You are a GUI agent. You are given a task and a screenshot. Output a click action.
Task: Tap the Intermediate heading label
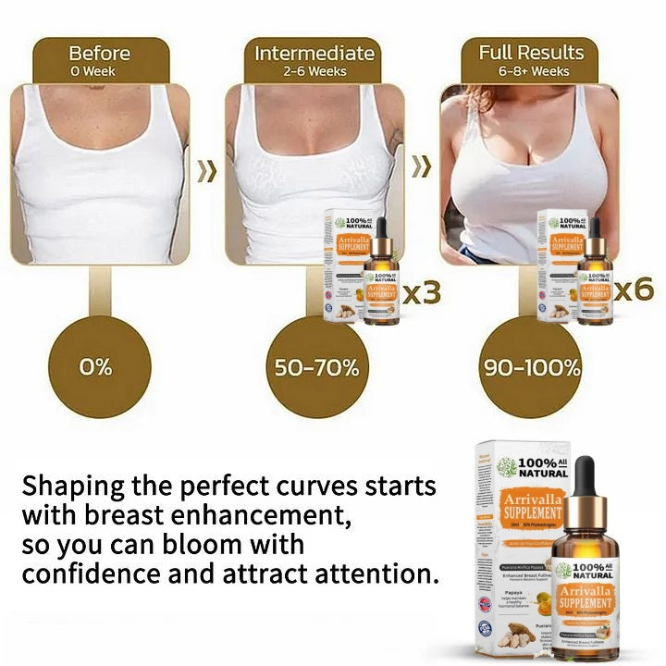tap(314, 53)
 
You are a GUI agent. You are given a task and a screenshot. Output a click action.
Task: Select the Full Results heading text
tap(531, 52)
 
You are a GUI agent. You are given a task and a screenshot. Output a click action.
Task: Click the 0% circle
tap(95, 366)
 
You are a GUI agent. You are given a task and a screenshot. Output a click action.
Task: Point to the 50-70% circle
tap(316, 366)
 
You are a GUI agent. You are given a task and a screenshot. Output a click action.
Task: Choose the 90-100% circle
tap(531, 366)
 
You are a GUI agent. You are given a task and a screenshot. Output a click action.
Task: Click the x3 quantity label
tap(420, 293)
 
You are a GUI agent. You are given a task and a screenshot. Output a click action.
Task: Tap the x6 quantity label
tap(635, 289)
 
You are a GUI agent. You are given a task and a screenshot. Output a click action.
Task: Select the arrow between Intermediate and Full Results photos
tap(422, 167)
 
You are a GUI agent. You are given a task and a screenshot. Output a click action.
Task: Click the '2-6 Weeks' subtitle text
tap(314, 71)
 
